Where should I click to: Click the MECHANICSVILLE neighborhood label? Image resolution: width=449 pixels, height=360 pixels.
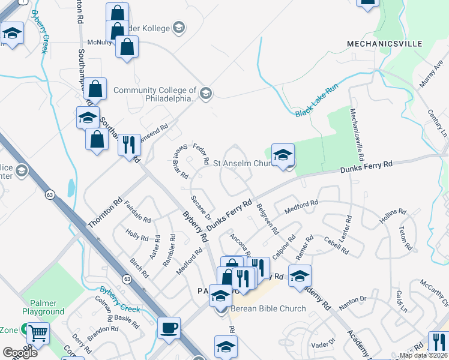[x=384, y=44]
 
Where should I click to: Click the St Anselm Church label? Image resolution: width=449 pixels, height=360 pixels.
[x=243, y=163]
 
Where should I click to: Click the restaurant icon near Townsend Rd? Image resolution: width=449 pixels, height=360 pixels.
[x=129, y=145]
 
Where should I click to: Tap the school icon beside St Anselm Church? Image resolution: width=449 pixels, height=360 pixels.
[x=283, y=155]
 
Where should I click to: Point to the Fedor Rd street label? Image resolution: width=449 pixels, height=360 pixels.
[x=201, y=154]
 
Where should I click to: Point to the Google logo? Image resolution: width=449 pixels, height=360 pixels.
[x=19, y=353]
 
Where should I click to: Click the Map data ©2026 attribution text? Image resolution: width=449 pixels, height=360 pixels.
[x=424, y=355]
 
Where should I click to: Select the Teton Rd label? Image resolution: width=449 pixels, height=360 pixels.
[x=406, y=238]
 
